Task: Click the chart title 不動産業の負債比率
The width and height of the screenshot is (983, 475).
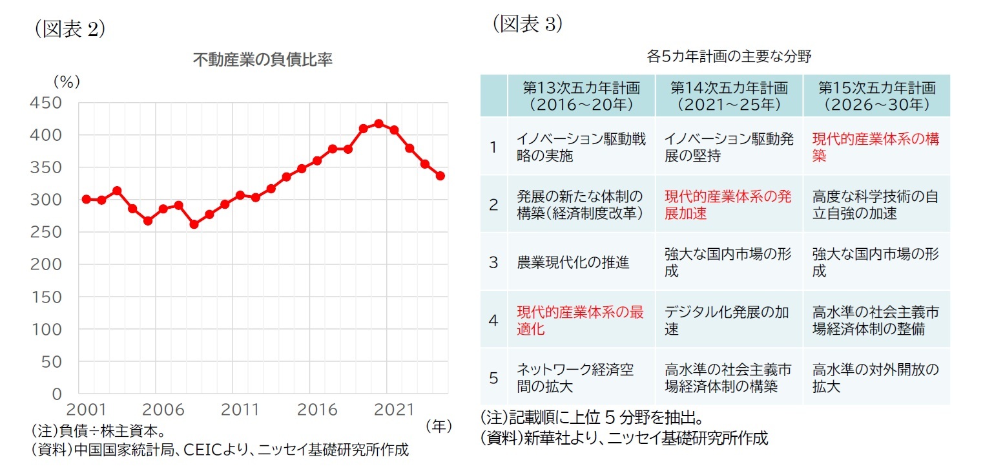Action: (x=263, y=60)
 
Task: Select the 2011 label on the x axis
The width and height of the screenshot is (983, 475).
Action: (x=240, y=410)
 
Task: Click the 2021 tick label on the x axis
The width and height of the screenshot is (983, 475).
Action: (x=394, y=410)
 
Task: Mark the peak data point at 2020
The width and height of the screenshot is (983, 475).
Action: (x=378, y=123)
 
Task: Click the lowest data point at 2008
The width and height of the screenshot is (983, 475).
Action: (x=194, y=224)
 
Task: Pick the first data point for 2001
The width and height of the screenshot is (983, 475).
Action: (x=86, y=199)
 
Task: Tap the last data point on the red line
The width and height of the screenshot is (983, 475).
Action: (x=440, y=176)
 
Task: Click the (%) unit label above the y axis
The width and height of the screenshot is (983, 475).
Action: (x=66, y=82)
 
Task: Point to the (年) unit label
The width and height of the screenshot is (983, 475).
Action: (x=439, y=427)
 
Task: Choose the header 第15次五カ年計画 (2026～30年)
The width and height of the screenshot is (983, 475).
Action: (x=876, y=96)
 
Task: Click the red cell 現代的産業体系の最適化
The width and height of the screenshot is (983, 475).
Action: (x=580, y=321)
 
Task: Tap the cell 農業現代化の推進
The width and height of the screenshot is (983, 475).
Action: (x=573, y=262)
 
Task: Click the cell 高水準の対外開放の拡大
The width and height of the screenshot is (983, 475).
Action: (x=875, y=378)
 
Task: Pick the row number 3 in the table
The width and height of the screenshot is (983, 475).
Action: (x=493, y=262)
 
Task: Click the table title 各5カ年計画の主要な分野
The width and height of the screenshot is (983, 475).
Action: (x=729, y=56)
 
